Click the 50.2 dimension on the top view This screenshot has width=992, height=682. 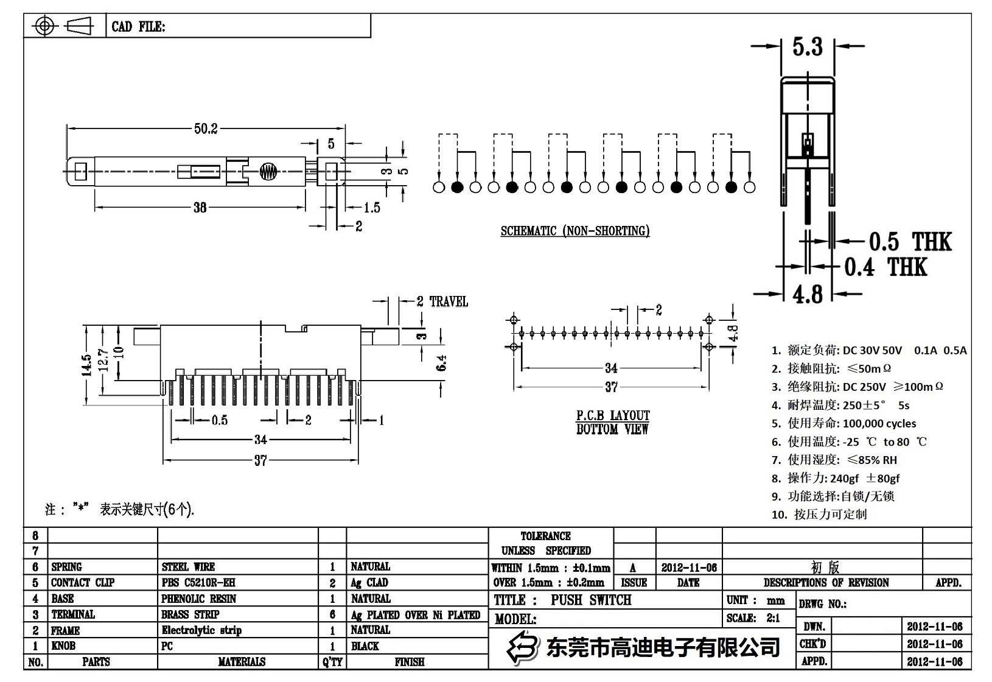205,128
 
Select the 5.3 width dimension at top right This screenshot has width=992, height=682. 807,47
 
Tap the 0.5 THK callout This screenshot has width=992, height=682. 909,242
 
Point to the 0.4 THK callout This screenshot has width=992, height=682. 885,267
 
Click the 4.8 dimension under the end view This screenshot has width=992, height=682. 807,295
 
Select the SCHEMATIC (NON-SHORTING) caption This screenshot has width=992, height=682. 575,231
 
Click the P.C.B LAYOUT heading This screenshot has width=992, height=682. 613,415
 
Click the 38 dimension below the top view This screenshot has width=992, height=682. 200,208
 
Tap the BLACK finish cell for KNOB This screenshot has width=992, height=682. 365,646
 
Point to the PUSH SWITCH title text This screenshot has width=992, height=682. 590,600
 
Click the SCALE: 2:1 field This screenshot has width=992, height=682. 753,618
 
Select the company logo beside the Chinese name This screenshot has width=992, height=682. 523,647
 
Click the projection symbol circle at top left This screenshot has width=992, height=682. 44,26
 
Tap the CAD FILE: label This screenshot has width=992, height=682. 138,27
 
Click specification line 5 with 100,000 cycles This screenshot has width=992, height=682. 844,423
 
